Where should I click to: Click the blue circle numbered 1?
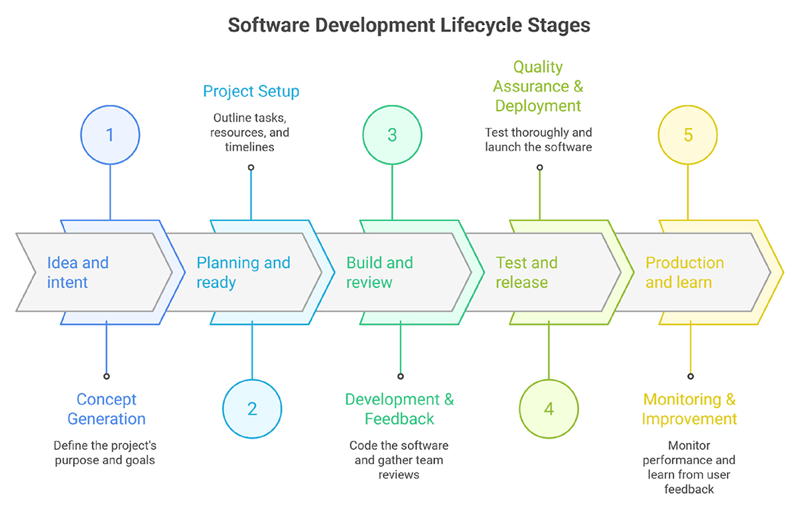(110, 135)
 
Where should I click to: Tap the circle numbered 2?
(252, 408)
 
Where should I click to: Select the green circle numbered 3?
(392, 135)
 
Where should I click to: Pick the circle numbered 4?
(549, 408)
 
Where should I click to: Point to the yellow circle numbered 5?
(688, 135)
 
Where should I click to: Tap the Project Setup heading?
(251, 91)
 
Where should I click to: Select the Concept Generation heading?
(106, 409)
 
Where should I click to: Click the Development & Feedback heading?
(399, 409)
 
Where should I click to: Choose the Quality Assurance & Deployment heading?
(538, 86)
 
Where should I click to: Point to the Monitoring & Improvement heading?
(689, 409)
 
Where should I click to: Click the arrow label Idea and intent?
(78, 272)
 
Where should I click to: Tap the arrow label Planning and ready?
(243, 272)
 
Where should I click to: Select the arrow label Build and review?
(379, 272)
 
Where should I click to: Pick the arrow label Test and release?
(527, 272)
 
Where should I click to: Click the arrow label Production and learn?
(685, 272)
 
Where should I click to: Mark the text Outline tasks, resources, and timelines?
(251, 132)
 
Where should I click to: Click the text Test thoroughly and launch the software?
(538, 139)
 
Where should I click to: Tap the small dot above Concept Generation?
(106, 376)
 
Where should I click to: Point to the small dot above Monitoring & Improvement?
(691, 376)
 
